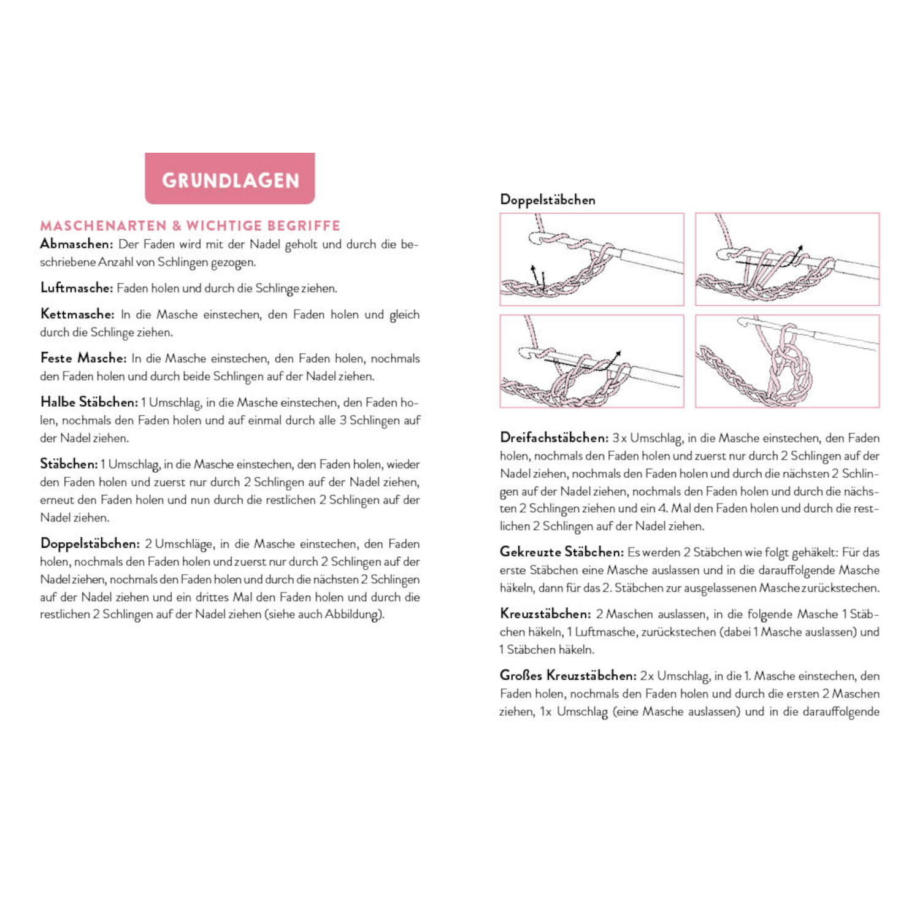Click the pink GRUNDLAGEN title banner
pyautogui.click(x=229, y=178)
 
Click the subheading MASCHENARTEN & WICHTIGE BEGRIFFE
pyautogui.click(x=190, y=226)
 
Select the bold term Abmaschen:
pyautogui.click(x=76, y=244)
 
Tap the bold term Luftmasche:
pyautogui.click(x=77, y=288)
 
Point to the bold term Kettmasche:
pyautogui.click(x=77, y=314)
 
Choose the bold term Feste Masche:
pyautogui.click(x=83, y=358)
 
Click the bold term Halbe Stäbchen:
pyautogui.click(x=89, y=402)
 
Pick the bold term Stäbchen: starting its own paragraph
pyautogui.click(x=69, y=464)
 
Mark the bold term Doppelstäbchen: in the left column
pyautogui.click(x=90, y=543)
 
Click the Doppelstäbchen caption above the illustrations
pyautogui.click(x=547, y=200)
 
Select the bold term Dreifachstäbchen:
pyautogui.click(x=554, y=438)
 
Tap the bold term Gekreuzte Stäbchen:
pyautogui.click(x=561, y=552)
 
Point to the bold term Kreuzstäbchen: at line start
pyautogui.click(x=545, y=614)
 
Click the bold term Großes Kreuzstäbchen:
pyautogui.click(x=568, y=676)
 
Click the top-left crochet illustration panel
pyautogui.click(x=592, y=259)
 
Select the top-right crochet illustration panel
pyautogui.click(x=787, y=259)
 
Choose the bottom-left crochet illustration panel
pyautogui.click(x=592, y=361)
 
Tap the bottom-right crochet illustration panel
pyautogui.click(x=787, y=361)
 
